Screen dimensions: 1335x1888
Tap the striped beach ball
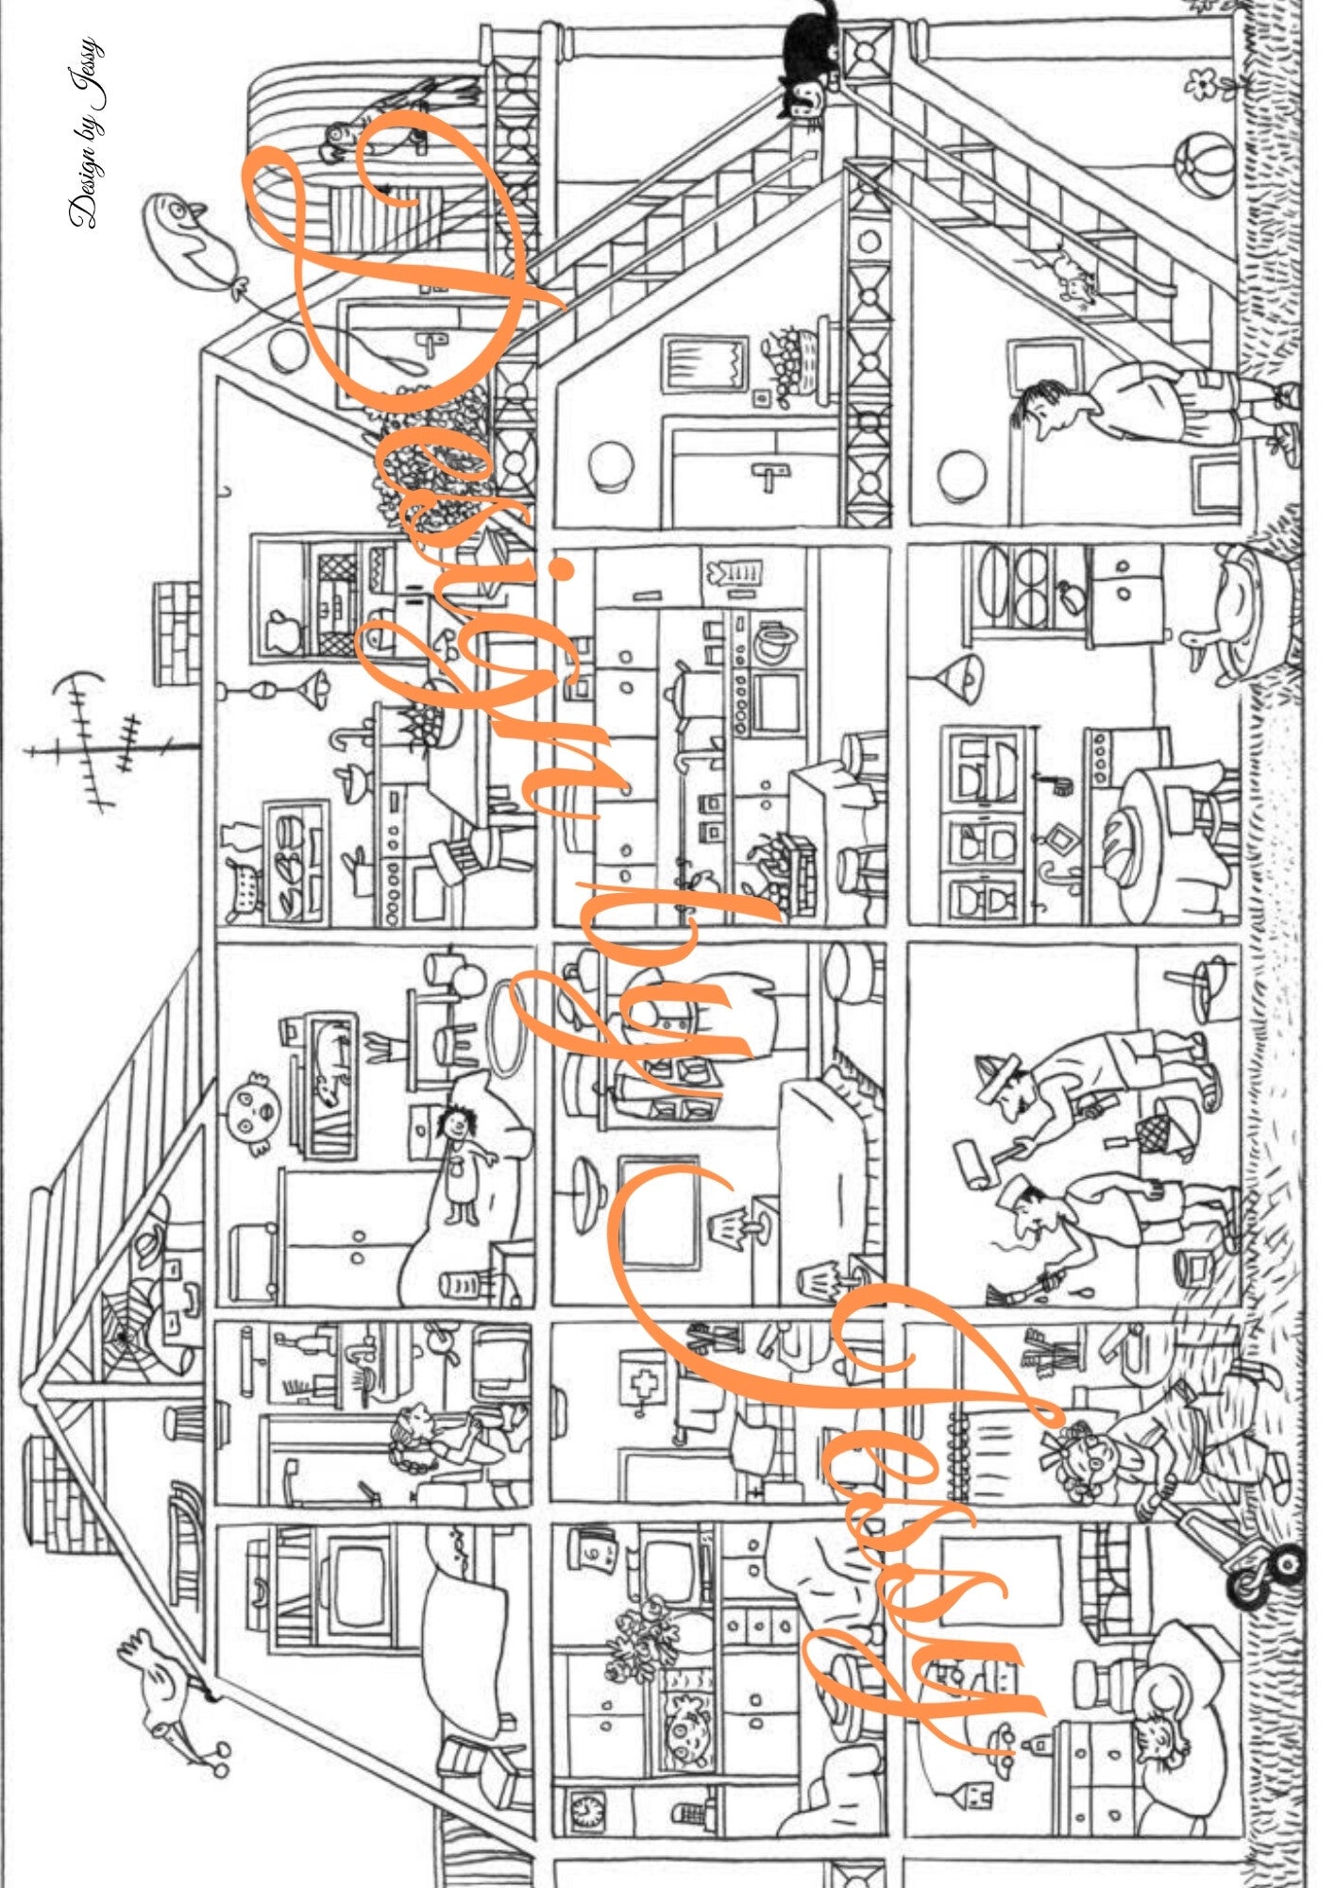point(1207,166)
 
